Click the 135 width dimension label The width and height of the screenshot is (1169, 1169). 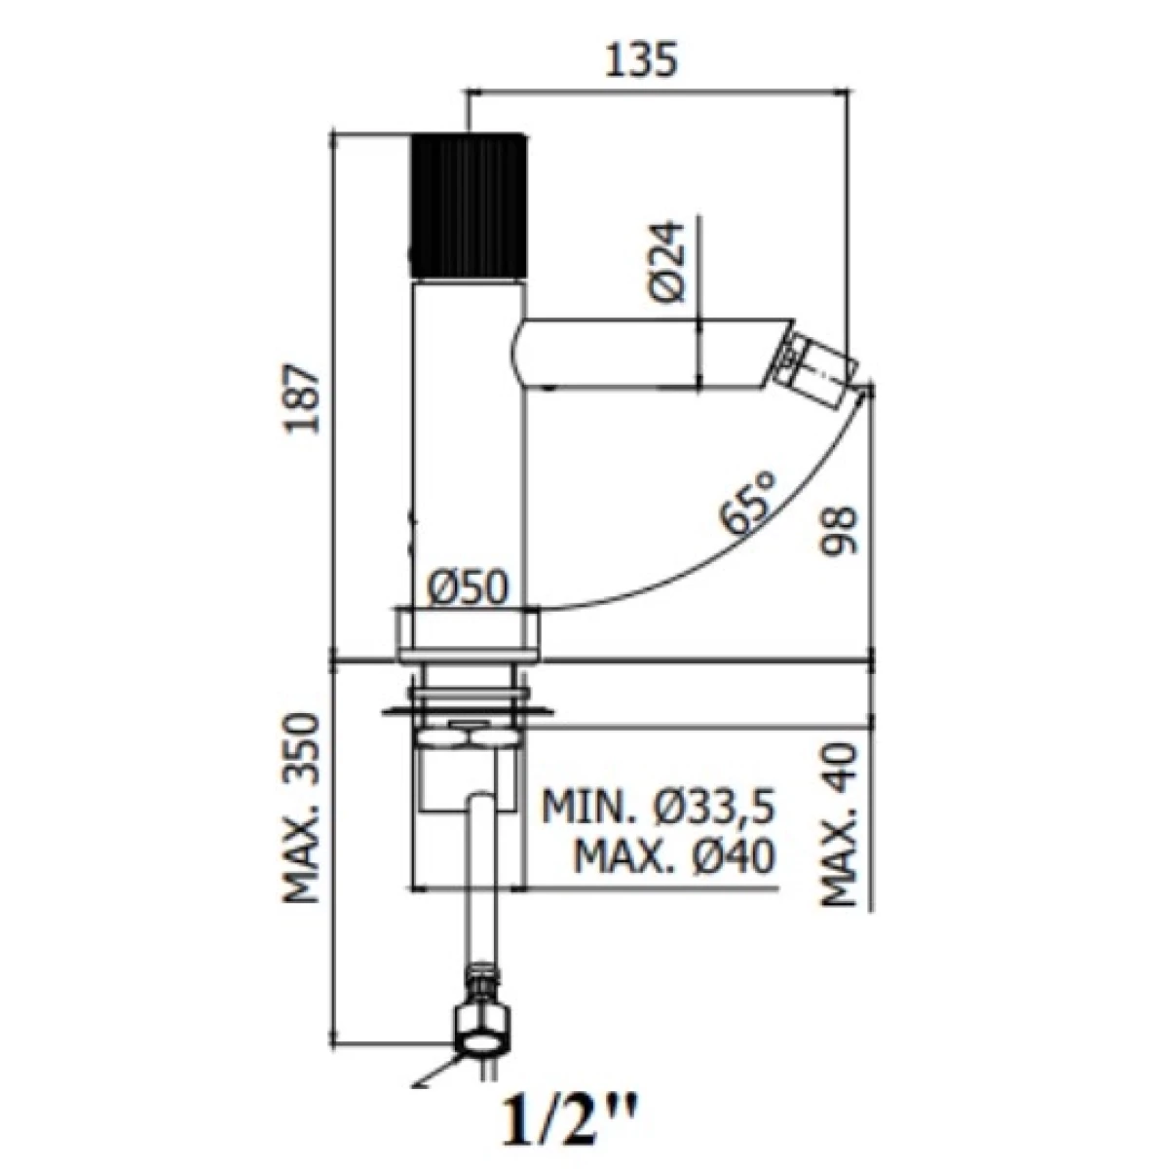coord(641,60)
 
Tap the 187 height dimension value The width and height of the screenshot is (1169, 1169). coord(301,398)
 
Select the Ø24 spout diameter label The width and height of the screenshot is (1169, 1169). coord(666,261)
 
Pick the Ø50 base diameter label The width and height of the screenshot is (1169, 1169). coord(467,587)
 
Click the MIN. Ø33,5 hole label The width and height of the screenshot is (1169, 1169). coord(659,808)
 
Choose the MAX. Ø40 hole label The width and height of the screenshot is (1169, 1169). coord(674,856)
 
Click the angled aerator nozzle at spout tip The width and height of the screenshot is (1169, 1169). coord(819,364)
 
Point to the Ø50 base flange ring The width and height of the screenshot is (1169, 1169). coord(468,633)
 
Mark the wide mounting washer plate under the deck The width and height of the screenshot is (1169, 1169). coord(468,710)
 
